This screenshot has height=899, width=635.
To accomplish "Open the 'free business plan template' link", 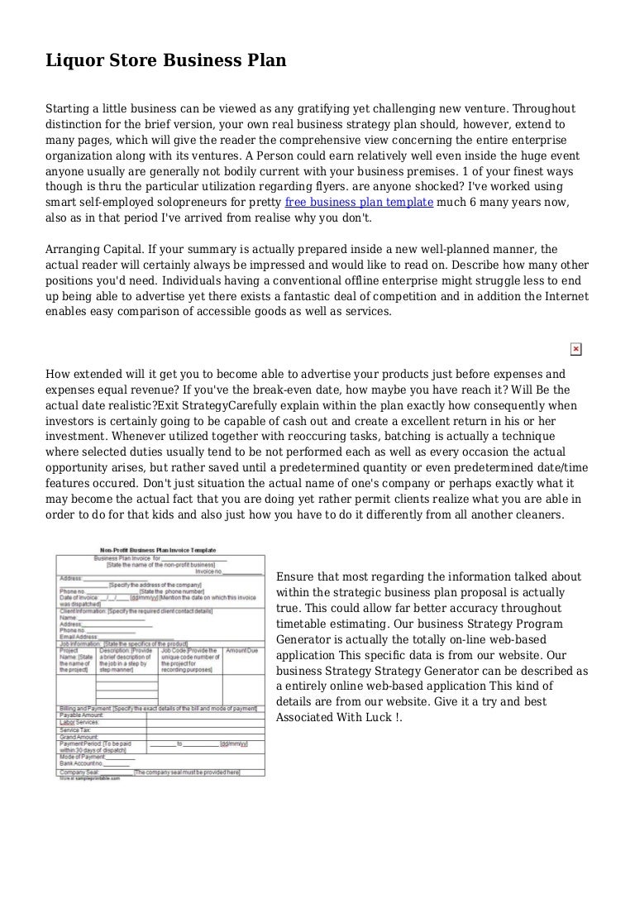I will (x=359, y=202).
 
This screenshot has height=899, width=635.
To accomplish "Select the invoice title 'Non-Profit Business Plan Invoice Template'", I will (x=158, y=550).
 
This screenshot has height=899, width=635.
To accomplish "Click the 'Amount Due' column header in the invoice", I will (x=241, y=651).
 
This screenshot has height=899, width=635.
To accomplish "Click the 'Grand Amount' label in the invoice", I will (x=77, y=737).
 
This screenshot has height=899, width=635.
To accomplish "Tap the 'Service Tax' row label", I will (x=76, y=729).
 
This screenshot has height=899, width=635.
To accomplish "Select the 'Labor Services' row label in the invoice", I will (x=79, y=722).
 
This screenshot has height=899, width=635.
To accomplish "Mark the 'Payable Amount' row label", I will (x=80, y=715).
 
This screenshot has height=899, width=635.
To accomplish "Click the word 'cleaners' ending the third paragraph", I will (x=538, y=514).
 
